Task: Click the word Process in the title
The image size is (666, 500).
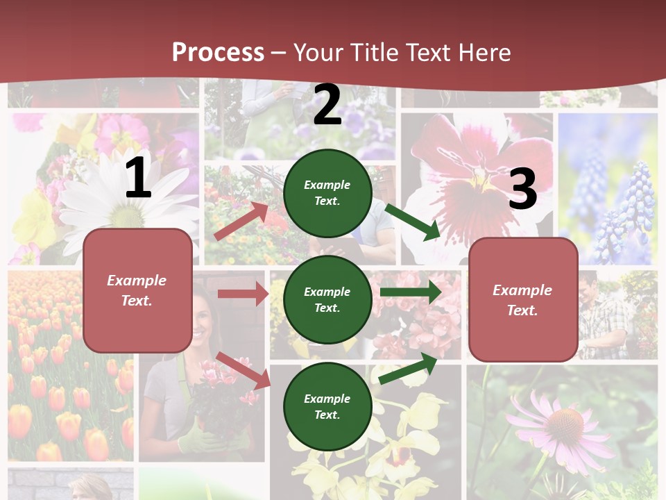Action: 218,52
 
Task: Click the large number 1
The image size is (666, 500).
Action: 138,178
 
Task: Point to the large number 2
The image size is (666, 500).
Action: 327,105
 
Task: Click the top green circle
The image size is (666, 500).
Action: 327,193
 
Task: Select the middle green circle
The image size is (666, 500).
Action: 327,300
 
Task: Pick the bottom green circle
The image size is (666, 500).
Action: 327,407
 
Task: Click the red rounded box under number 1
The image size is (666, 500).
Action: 137,290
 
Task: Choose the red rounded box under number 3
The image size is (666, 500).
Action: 523,300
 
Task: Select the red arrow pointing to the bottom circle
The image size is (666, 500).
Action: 244,370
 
